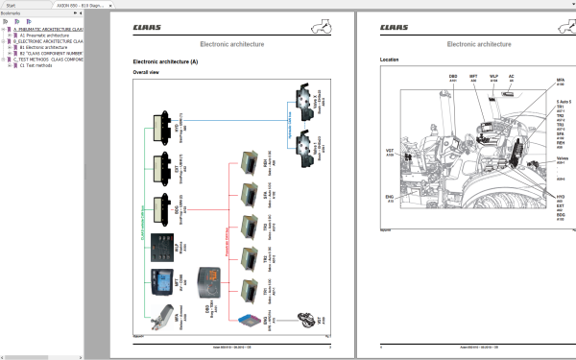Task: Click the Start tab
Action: (9, 4)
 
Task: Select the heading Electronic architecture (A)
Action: (165, 61)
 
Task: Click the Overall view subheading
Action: (146, 73)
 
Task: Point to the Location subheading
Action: (390, 61)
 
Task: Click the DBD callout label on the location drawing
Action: (453, 75)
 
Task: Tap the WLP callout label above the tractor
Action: (493, 75)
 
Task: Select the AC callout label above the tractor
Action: (511, 75)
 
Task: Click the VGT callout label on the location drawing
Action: (390, 151)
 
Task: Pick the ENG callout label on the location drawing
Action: (390, 200)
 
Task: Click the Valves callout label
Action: (563, 158)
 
